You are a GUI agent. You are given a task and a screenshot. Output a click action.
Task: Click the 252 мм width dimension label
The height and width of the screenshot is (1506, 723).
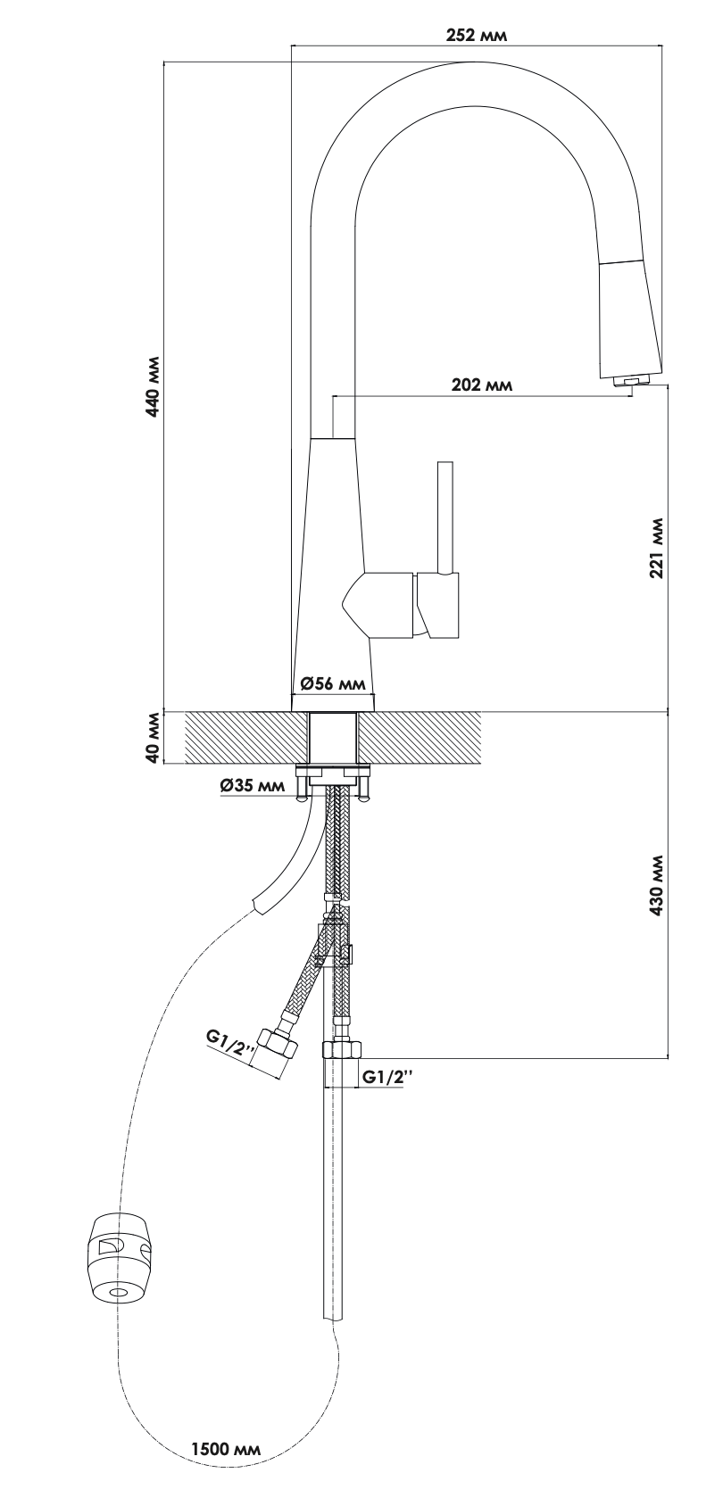tap(477, 36)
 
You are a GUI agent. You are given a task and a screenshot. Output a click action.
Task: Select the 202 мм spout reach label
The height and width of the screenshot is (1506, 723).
tap(481, 385)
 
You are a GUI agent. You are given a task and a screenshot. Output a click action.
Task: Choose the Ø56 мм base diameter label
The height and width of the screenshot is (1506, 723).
tap(333, 683)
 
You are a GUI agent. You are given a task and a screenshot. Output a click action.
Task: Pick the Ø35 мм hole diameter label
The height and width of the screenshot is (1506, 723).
tap(253, 784)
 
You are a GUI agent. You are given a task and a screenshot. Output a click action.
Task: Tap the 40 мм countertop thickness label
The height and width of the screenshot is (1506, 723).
tap(154, 738)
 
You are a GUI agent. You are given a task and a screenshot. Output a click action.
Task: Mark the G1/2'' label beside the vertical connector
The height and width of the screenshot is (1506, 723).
tap(387, 1076)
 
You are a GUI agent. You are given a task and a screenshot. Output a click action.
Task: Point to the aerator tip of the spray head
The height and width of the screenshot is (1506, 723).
tap(629, 381)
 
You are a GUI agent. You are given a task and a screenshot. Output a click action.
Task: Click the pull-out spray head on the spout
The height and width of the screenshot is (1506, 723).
tap(629, 319)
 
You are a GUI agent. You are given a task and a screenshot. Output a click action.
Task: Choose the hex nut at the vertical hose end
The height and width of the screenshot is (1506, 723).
tap(343, 1050)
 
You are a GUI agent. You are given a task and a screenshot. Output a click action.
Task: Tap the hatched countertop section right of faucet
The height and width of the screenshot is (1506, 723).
tap(420, 738)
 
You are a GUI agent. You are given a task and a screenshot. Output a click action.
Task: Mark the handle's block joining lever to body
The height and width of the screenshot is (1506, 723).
tap(437, 605)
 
